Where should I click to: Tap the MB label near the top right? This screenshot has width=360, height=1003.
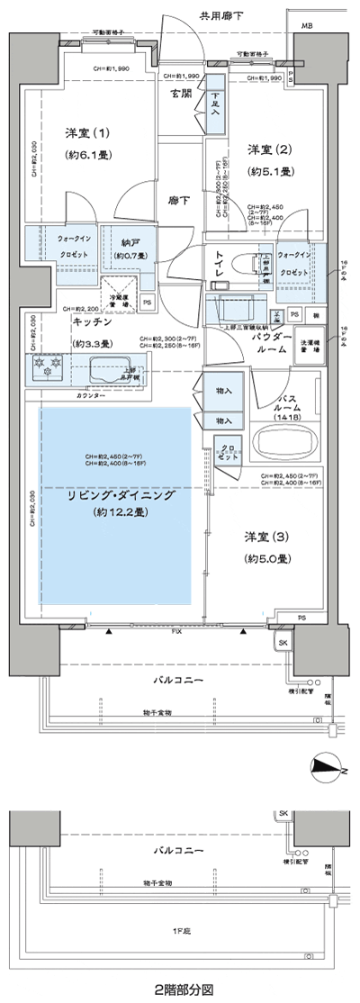pyautogui.click(x=308, y=27)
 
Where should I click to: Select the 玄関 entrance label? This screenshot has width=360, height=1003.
pyautogui.click(x=180, y=94)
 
